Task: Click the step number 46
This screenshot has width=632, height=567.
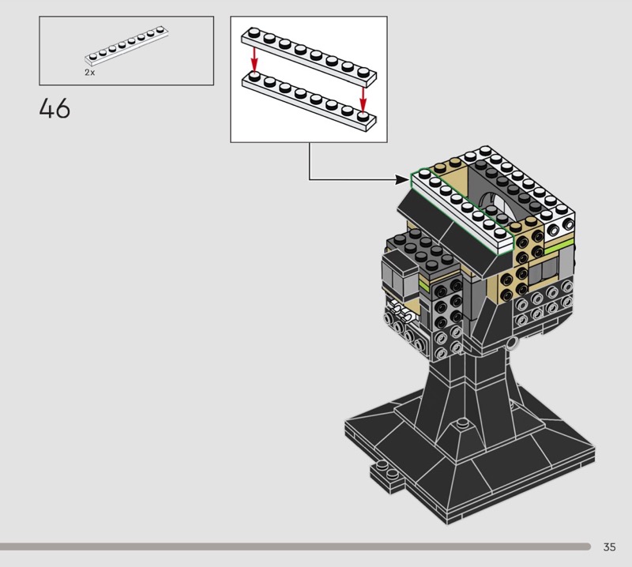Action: [x=55, y=108]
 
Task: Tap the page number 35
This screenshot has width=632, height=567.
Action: [x=609, y=546]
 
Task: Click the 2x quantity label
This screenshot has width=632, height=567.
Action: [x=90, y=73]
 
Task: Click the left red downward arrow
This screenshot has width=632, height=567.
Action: [x=254, y=59]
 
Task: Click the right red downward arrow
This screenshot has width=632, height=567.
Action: [x=363, y=100]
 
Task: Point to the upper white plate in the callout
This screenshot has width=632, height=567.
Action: [x=309, y=56]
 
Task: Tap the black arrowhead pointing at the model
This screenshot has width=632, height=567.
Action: [x=403, y=180]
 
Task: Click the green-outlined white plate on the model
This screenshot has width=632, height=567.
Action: [x=462, y=211]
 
